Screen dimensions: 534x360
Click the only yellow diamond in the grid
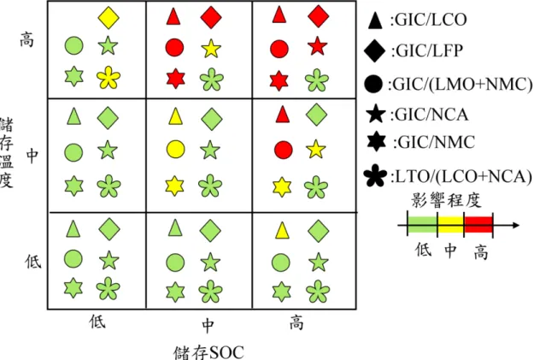pyautogui.click(x=109, y=17)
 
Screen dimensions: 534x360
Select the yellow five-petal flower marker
pyautogui.click(x=109, y=77)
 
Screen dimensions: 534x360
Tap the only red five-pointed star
pyautogui.click(x=317, y=46)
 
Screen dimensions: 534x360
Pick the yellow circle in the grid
pyautogui.click(x=176, y=149)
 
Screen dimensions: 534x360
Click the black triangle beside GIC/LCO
pyautogui.click(x=376, y=20)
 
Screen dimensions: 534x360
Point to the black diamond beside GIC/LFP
pyautogui.click(x=374, y=50)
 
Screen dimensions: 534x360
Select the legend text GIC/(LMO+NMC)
pyautogui.click(x=461, y=84)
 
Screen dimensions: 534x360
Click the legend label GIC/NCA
pyautogui.click(x=430, y=115)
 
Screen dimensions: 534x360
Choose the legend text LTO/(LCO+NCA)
pyautogui.click(x=461, y=177)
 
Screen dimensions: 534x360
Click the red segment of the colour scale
pyautogui.click(x=478, y=225)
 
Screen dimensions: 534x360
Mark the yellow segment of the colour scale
pyautogui.click(x=450, y=225)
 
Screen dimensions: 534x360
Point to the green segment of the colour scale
pyautogui.click(x=422, y=225)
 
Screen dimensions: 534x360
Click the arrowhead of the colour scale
pyautogui.click(x=516, y=225)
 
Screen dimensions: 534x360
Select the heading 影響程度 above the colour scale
pyautogui.click(x=447, y=200)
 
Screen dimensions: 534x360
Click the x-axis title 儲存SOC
pyautogui.click(x=208, y=352)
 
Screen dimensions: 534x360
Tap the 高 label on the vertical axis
pyautogui.click(x=27, y=39)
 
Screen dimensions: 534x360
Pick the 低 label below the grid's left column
pyautogui.click(x=97, y=322)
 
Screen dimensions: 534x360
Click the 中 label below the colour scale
pyautogui.click(x=450, y=251)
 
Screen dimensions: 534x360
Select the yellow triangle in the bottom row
pyautogui.click(x=282, y=230)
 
